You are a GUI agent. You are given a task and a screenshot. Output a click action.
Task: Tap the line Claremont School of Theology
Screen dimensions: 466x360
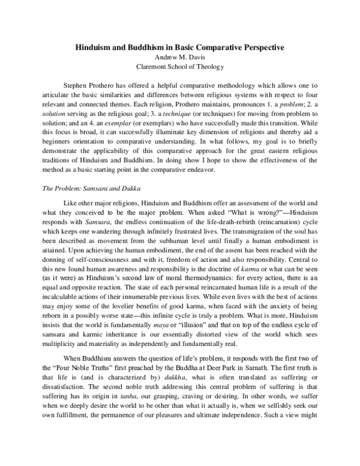pos(179,67)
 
